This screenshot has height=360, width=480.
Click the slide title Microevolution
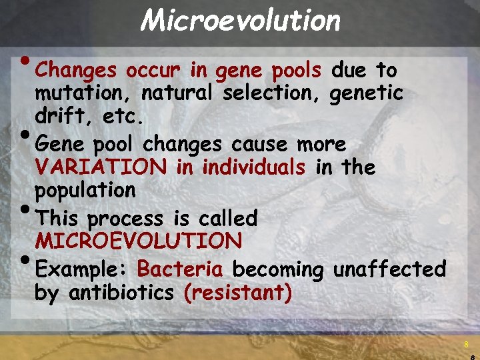tap(240, 21)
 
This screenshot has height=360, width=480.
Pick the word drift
tap(63, 118)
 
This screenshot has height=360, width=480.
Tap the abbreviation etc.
tap(121, 118)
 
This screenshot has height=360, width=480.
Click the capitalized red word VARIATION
tap(101, 167)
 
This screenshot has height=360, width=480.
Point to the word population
tap(85, 191)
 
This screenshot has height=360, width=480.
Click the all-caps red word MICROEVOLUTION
tap(139, 240)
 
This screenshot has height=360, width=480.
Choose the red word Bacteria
tap(180, 269)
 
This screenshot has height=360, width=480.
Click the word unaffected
tap(389, 269)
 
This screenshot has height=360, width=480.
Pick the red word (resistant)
tap(237, 293)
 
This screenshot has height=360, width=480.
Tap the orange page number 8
tap(466, 345)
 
